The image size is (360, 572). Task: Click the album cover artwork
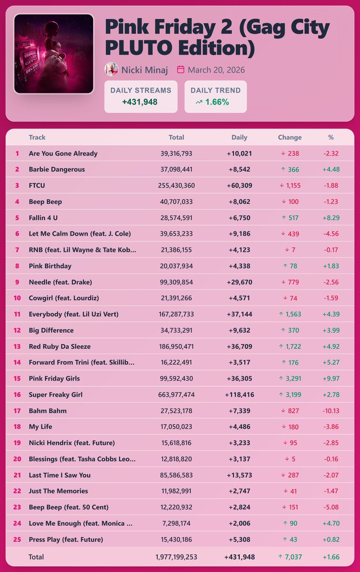53,53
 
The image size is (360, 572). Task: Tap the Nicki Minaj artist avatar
111,70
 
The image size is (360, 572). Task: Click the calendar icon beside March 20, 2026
181,70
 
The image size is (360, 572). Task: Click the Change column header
289,137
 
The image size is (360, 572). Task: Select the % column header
331,137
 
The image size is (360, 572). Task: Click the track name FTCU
38,185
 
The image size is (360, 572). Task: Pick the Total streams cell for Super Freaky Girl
176,395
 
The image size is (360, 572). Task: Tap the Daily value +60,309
239,185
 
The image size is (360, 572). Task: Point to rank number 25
17,540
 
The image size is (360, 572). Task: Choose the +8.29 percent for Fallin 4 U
330,218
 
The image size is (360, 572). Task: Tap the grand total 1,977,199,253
176,557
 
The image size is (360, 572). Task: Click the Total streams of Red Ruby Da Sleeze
176,347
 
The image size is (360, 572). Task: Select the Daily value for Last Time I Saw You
239,475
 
